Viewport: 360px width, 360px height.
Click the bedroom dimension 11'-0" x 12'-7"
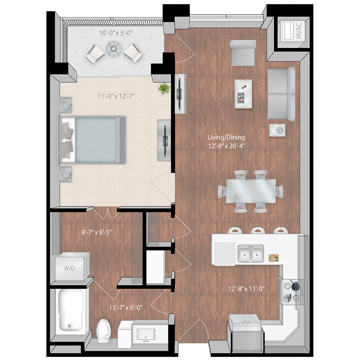tap(116, 96)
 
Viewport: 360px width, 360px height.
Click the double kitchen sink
tap(251, 253)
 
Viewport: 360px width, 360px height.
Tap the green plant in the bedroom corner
tap(164, 88)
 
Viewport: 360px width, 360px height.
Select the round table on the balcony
tap(112, 48)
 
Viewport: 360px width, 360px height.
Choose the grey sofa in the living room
tap(282, 93)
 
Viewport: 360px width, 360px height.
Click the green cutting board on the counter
tap(274, 258)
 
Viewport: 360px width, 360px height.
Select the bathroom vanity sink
tap(144, 333)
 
